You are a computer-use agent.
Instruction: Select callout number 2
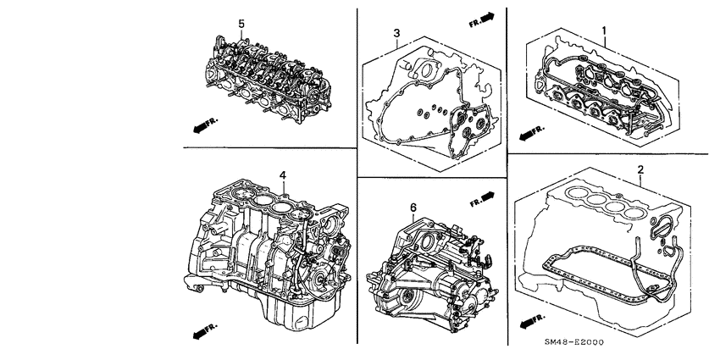[640, 169]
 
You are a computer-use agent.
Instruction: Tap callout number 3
[396, 33]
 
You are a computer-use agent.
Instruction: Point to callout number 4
[283, 175]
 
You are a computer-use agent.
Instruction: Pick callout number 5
[241, 24]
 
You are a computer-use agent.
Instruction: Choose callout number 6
[412, 208]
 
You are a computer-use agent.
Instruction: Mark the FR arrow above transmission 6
[481, 200]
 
